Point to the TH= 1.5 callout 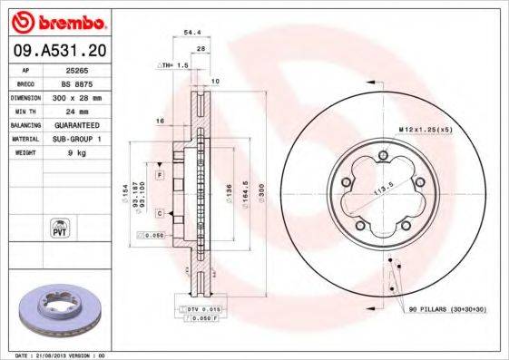pos(172,66)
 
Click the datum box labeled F pos(159,173)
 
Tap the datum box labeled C pos(159,213)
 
